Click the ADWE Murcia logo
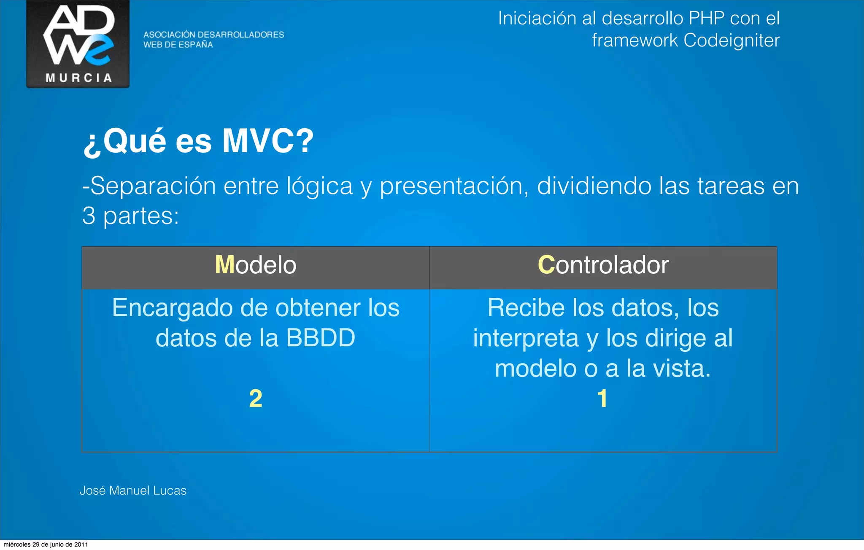click(78, 44)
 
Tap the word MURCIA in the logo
click(79, 78)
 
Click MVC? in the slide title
click(268, 141)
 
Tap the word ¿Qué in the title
click(125, 141)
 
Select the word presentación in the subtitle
click(454, 186)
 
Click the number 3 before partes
click(89, 216)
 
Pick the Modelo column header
click(255, 265)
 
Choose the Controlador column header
click(603, 265)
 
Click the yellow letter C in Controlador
click(546, 265)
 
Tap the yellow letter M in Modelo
click(224, 265)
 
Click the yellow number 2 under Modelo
click(255, 399)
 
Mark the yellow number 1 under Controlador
click(602, 399)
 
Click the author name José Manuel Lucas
click(133, 491)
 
